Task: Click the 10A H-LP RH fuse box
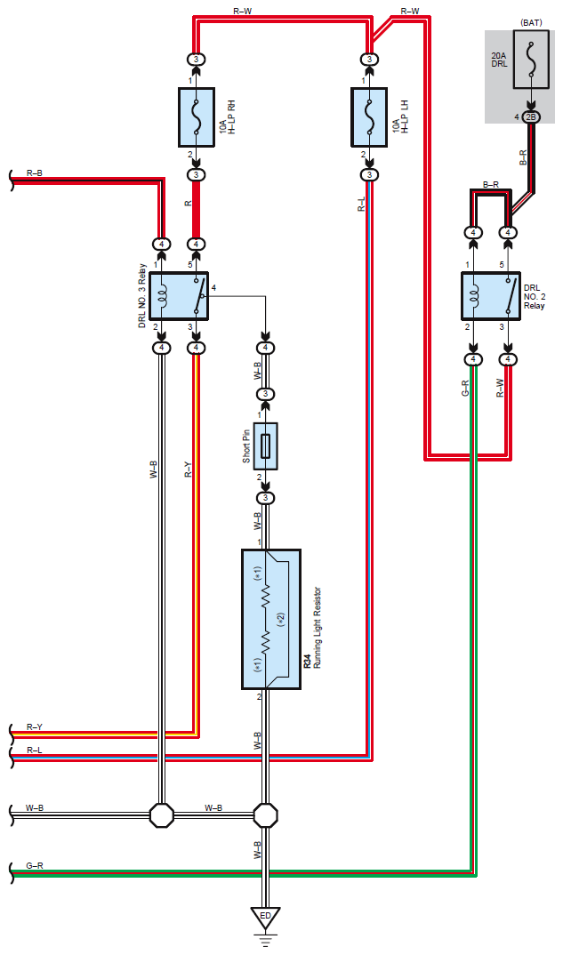pyautogui.click(x=197, y=117)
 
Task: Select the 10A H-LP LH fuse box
pyautogui.click(x=369, y=117)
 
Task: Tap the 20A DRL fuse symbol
pyautogui.click(x=530, y=59)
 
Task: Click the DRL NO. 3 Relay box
pyautogui.click(x=179, y=296)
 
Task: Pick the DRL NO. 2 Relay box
pyautogui.click(x=491, y=296)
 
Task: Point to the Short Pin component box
pyautogui.click(x=266, y=445)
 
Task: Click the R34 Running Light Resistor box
pyautogui.click(x=271, y=620)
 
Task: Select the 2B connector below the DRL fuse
pyautogui.click(x=531, y=117)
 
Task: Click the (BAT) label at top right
pyautogui.click(x=531, y=22)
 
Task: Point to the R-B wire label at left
pyautogui.click(x=34, y=173)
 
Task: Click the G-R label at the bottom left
pyautogui.click(x=34, y=865)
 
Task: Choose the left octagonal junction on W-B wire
pyautogui.click(x=162, y=814)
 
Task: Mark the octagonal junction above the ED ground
pyautogui.click(x=266, y=814)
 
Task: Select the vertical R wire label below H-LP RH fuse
pyautogui.click(x=189, y=203)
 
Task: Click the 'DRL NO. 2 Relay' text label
pyautogui.click(x=535, y=297)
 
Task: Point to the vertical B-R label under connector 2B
pyautogui.click(x=523, y=158)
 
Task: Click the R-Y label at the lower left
pyautogui.click(x=34, y=727)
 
